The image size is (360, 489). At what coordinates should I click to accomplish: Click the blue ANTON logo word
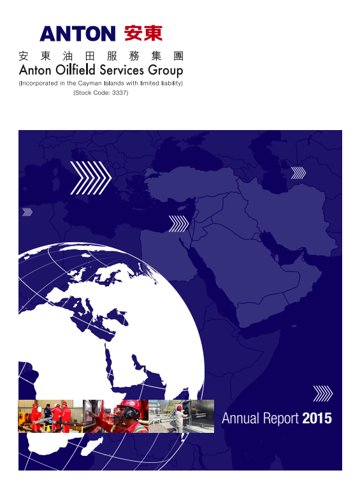[77, 34]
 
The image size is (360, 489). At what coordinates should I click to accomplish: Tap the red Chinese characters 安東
[143, 33]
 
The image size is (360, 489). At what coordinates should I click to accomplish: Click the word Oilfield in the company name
[75, 70]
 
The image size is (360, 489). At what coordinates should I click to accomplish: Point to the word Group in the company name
[166, 71]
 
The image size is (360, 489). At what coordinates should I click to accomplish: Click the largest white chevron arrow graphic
[90, 178]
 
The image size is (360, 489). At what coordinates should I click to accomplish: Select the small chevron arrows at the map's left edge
[27, 212]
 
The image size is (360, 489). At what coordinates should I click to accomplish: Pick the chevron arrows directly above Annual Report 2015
[323, 393]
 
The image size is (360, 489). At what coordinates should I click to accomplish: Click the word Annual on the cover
[241, 418]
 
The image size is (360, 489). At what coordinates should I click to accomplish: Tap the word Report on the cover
[281, 419]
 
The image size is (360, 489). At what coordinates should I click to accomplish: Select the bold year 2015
[317, 418]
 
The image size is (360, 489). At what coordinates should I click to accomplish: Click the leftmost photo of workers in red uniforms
[50, 416]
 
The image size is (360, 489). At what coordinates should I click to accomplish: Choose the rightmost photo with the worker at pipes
[181, 416]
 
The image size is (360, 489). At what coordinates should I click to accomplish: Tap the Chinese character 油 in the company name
[68, 56]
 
